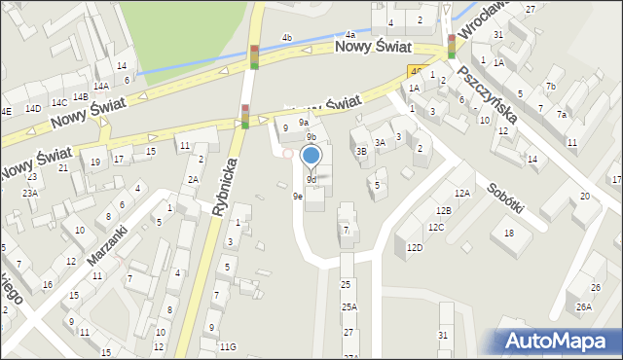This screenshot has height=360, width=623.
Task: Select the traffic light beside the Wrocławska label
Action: (452, 47)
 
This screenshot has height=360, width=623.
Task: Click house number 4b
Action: (286, 38)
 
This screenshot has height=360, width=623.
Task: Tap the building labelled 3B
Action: (361, 151)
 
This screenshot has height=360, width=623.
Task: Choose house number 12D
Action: (415, 247)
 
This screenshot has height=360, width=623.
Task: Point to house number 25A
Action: (348, 306)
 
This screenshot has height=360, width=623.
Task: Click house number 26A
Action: (583, 306)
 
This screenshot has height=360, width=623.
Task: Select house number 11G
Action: (228, 346)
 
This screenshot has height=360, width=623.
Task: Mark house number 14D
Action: (33, 108)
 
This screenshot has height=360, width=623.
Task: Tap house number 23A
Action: (30, 193)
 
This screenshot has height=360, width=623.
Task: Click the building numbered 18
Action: (508, 233)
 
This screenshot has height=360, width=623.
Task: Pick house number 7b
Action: (550, 87)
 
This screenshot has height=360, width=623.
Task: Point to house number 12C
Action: (436, 227)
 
